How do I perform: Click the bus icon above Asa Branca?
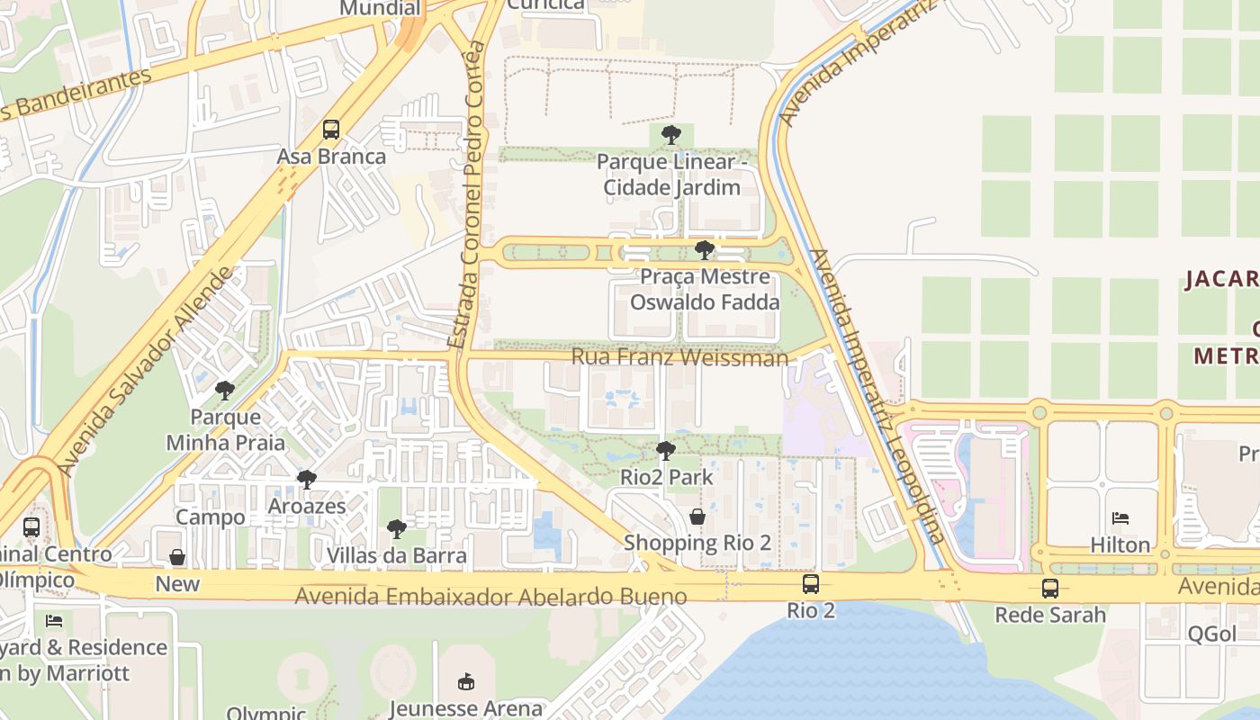point(331,130)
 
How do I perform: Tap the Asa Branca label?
point(331,157)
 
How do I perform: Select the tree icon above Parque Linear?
point(670,135)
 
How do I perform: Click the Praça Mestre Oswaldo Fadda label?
point(705,289)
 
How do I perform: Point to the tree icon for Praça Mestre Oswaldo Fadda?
point(705,249)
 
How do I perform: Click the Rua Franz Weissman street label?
point(679,357)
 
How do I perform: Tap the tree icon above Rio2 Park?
point(666,450)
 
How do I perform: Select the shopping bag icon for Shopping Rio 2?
point(697,517)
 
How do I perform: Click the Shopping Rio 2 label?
point(697,543)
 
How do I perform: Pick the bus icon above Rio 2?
point(811,584)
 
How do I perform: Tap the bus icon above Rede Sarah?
point(1050,589)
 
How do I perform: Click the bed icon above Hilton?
point(1120,518)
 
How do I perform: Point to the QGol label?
point(1211,634)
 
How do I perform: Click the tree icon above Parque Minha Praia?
point(225,391)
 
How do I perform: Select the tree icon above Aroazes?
point(307,479)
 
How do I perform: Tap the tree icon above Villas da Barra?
point(396,528)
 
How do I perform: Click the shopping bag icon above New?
point(177,557)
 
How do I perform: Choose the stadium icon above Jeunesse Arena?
point(465,681)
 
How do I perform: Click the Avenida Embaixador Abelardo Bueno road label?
point(490,596)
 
